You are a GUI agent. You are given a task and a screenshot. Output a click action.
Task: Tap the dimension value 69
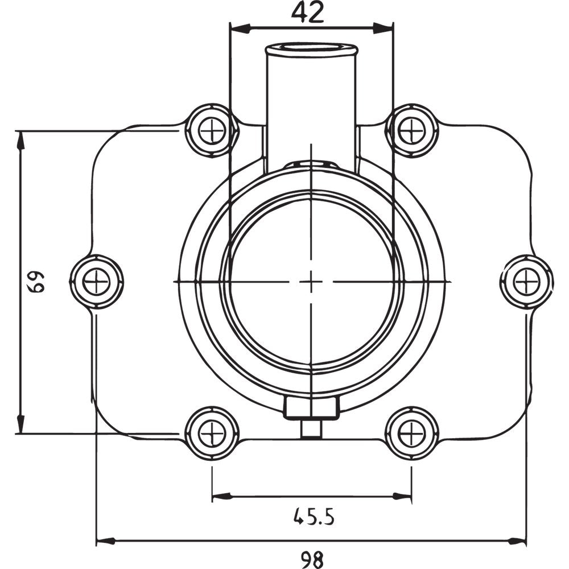click(x=38, y=282)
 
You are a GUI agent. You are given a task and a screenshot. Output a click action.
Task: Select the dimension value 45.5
click(x=314, y=517)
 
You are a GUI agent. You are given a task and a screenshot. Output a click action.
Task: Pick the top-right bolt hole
click(x=412, y=130)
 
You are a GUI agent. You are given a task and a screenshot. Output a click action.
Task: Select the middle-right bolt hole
click(x=526, y=282)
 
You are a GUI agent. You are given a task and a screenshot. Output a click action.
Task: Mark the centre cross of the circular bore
click(x=312, y=281)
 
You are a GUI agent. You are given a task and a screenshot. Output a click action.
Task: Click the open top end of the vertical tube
click(x=312, y=48)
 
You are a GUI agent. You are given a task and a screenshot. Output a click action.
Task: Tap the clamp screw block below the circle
click(x=312, y=407)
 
